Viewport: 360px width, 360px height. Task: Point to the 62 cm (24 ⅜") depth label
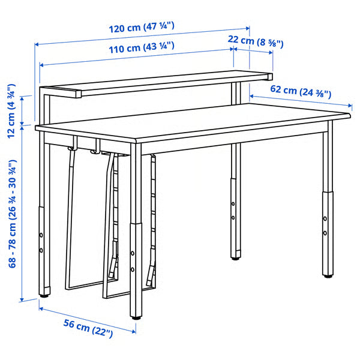tap(301, 91)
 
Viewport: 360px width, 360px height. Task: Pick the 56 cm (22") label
tap(88, 328)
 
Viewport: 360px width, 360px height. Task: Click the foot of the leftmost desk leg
tap(44, 295)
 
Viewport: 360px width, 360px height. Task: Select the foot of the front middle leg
tap(137, 316)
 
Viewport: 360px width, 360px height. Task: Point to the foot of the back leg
tap(234, 258)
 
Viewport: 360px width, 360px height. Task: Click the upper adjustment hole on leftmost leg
tap(41, 236)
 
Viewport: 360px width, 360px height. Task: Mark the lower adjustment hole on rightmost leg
tap(325, 232)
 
